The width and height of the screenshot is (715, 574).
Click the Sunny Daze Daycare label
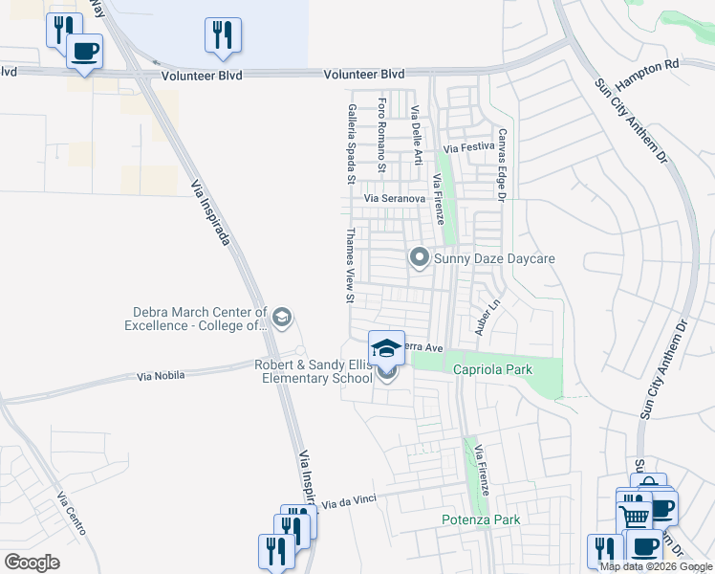click(x=494, y=258)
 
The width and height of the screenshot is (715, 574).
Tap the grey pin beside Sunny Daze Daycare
click(x=419, y=257)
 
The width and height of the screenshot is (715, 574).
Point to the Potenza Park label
click(x=481, y=519)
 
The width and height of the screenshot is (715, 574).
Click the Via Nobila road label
click(x=160, y=378)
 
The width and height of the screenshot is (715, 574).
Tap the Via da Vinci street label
click(x=344, y=503)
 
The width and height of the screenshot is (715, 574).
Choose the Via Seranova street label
click(x=394, y=198)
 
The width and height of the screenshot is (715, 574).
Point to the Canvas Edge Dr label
click(x=499, y=165)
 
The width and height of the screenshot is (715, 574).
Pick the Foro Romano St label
click(x=381, y=134)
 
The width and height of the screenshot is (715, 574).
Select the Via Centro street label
click(x=73, y=513)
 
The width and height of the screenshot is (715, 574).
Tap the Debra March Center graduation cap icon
click(x=281, y=318)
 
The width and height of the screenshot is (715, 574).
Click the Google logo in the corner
click(x=32, y=563)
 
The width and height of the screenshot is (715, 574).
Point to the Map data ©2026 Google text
click(x=657, y=566)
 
